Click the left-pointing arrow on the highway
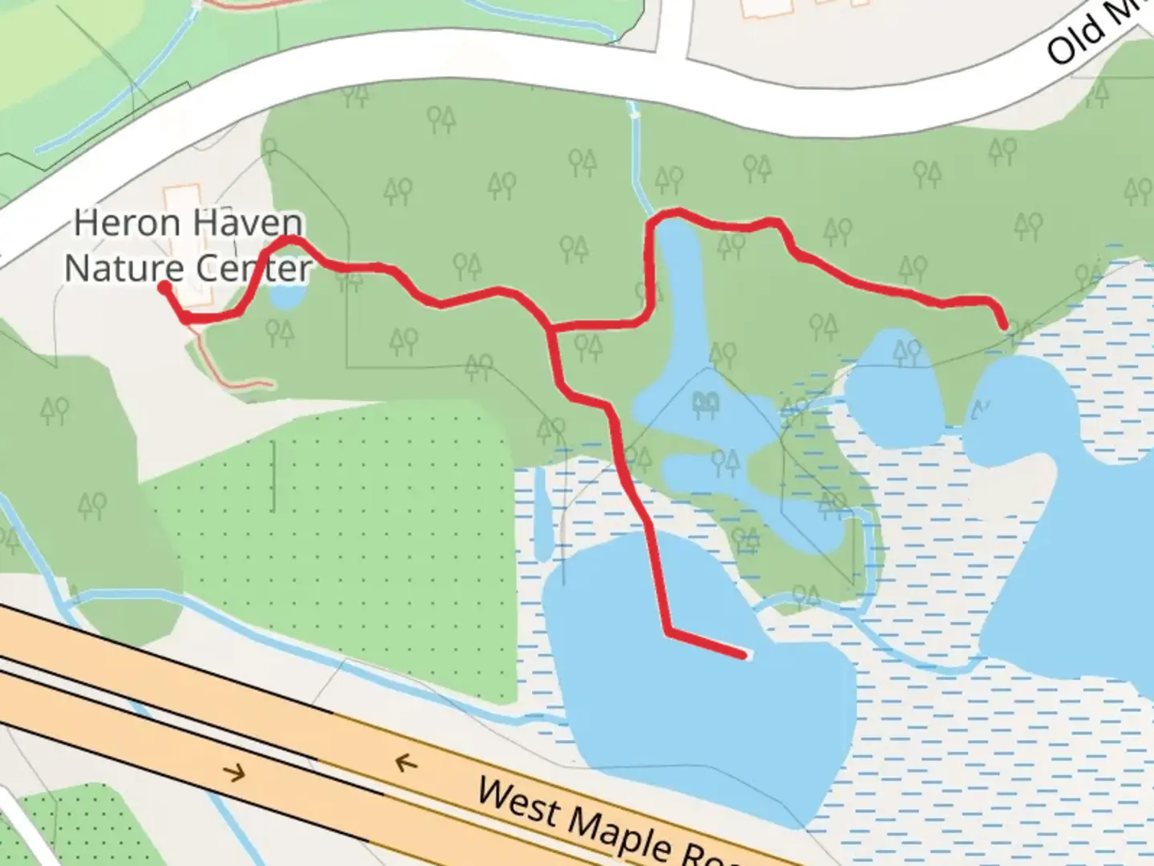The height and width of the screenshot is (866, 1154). click(x=406, y=762)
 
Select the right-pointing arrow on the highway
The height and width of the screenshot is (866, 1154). click(x=234, y=773)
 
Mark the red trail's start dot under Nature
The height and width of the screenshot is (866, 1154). click(x=164, y=286)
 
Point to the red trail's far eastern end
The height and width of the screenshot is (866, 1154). click(x=1003, y=325)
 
